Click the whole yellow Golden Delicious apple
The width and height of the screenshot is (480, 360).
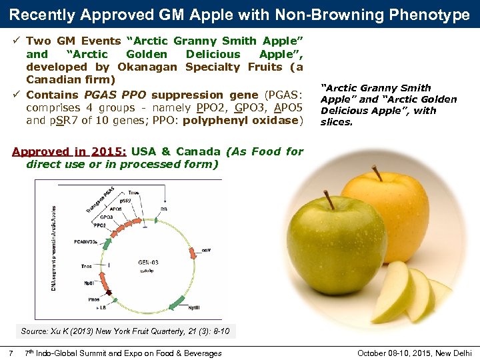393,207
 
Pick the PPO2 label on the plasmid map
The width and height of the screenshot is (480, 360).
99,225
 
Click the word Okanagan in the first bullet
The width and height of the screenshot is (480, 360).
147,67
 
